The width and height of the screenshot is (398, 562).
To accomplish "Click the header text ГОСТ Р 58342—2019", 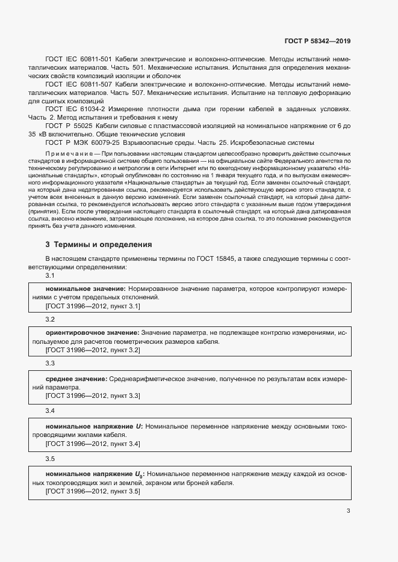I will [x=317, y=41].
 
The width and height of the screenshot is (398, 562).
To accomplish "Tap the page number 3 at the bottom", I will [x=348, y=511].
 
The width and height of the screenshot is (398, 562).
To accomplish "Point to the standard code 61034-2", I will [x=89, y=109].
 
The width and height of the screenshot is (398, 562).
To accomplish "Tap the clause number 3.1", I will [x=51, y=275].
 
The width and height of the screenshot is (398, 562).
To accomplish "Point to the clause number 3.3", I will [x=51, y=364].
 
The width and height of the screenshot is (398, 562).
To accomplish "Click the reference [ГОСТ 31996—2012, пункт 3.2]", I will [x=93, y=350].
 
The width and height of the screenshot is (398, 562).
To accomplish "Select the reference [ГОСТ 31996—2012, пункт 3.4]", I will [x=93, y=444].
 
